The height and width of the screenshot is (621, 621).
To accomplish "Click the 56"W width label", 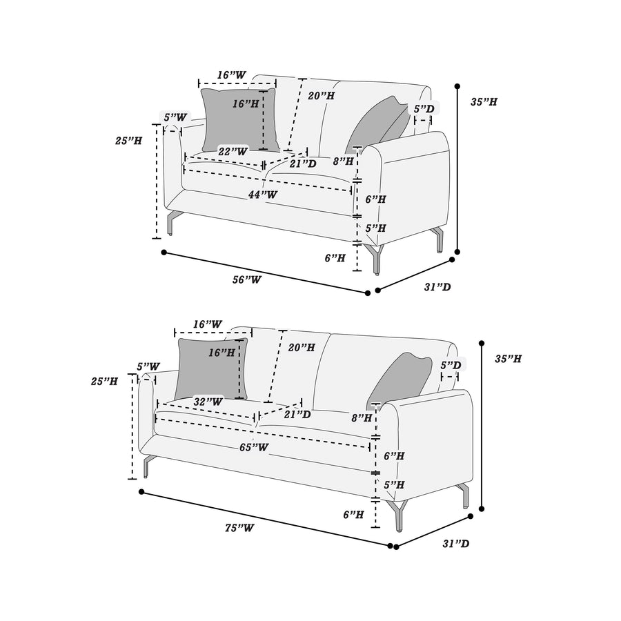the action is [247, 279].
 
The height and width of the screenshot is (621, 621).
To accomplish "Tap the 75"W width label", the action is [239, 528].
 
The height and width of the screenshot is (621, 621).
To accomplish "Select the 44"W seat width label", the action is [263, 195].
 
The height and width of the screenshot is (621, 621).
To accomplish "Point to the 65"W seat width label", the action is [254, 447].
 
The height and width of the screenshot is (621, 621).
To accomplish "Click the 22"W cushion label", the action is [233, 151].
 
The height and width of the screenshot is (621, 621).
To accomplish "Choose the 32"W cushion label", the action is [208, 402].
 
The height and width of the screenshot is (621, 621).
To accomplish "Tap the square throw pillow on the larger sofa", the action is [212, 368].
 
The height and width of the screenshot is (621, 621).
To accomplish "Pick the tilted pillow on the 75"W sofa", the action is [400, 379].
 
